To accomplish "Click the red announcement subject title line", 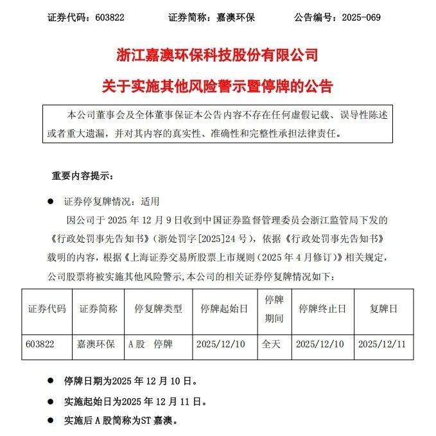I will click(218, 85).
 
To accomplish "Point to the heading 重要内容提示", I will click(82, 176).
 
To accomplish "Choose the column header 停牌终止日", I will click(319, 309).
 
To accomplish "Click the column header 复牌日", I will click(383, 309).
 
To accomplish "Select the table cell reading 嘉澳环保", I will click(97, 344).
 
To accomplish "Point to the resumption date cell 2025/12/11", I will click(383, 344).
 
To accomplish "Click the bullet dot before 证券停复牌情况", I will click(50, 201).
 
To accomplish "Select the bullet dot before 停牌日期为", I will click(50, 381).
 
